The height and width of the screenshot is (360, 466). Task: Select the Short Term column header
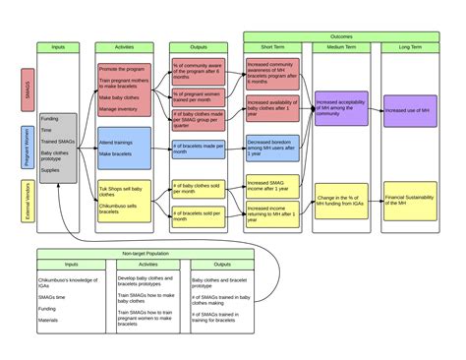click(x=273, y=47)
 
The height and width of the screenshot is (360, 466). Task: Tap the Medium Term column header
click(x=341, y=47)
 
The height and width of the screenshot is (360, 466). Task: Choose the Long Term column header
click(x=410, y=47)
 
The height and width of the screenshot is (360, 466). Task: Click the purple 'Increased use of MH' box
click(x=410, y=111)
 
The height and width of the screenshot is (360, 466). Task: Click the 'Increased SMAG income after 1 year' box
click(x=273, y=186)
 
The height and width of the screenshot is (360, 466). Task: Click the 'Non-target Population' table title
click(x=145, y=253)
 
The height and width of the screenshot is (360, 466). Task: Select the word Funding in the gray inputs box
click(x=50, y=117)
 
